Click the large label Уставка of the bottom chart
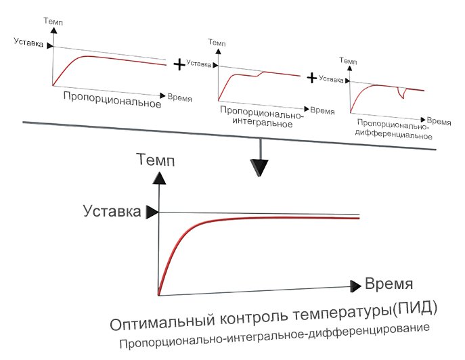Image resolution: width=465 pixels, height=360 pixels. [x=112, y=211]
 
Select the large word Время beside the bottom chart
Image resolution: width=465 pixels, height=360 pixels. [x=389, y=283]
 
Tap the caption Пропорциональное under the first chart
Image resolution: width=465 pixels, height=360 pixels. [x=112, y=104]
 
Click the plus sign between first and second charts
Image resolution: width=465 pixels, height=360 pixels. [x=179, y=64]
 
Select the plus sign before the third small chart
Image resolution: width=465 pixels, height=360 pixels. [x=312, y=78]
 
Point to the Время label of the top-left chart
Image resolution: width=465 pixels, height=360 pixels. [x=179, y=97]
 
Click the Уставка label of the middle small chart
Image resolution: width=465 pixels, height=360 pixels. [x=198, y=64]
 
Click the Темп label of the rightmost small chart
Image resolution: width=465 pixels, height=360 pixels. [x=347, y=61]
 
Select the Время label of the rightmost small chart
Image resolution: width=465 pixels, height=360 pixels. [x=440, y=122]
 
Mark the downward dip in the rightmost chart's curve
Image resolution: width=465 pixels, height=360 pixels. [x=402, y=94]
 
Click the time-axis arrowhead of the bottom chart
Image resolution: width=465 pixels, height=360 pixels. [x=355, y=286]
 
